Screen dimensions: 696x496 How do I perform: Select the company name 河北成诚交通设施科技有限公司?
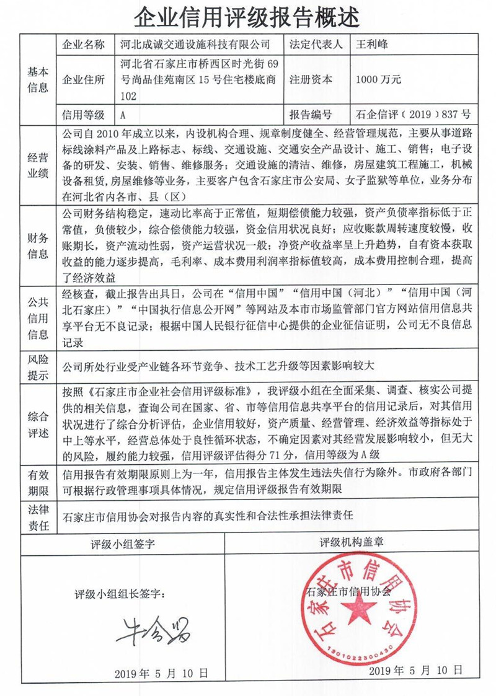coord(195,45)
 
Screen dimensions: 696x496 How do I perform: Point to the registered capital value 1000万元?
coord(379,79)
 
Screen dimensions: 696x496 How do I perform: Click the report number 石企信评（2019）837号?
coord(414,115)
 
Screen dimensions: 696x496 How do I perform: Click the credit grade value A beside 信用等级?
coord(123,115)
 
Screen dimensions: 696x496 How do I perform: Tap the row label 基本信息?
coord(37,79)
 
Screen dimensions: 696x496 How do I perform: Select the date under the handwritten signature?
coord(161,674)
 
